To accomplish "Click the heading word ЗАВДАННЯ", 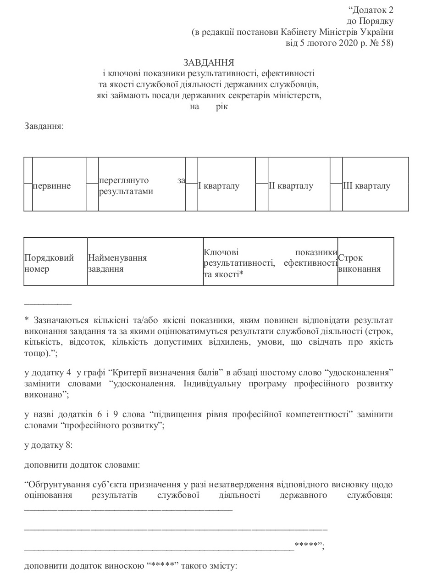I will pyautogui.click(x=209, y=62).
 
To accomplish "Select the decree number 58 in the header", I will pyautogui.click(x=384, y=43).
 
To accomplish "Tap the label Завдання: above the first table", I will pyautogui.click(x=44, y=126).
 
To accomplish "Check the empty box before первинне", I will pyautogui.click(x=28, y=184).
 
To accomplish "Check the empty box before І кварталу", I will pyautogui.click(x=192, y=184).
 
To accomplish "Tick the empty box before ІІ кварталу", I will pyautogui.click(x=262, y=184).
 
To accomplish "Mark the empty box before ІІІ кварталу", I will pyautogui.click(x=336, y=184).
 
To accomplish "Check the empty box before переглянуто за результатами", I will pyautogui.click(x=92, y=184).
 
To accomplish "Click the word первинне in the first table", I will pyautogui.click(x=51, y=186).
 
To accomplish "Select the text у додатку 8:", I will pyautogui.click(x=48, y=445).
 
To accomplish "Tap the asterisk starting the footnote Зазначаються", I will pyautogui.click(x=26, y=320).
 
